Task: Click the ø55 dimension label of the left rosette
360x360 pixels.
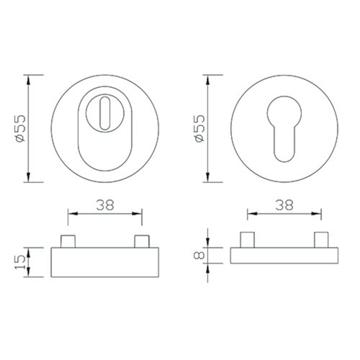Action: pyautogui.click(x=19, y=129)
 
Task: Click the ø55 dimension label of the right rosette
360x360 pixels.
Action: pyautogui.click(x=199, y=129)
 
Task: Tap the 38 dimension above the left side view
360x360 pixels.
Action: pyautogui.click(x=105, y=205)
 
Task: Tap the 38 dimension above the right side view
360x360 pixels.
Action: pyautogui.click(x=284, y=205)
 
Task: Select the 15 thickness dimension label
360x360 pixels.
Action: pyautogui.click(x=19, y=262)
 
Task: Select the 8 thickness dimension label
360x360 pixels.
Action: pyautogui.click(x=199, y=255)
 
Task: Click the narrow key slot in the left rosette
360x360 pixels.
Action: pyautogui.click(x=105, y=113)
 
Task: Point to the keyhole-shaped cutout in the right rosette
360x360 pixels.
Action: pyautogui.click(x=284, y=129)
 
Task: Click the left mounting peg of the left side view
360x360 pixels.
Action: pyautogui.click(x=68, y=241)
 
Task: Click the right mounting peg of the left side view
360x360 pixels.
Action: pyautogui.click(x=142, y=241)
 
